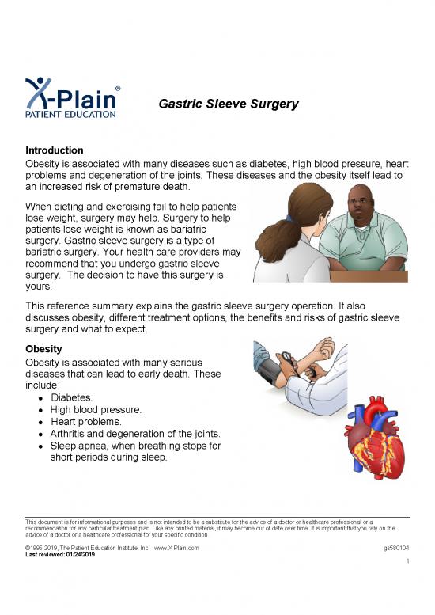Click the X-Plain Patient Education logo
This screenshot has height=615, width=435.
[x=71, y=98]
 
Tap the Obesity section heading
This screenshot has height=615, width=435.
[x=47, y=349]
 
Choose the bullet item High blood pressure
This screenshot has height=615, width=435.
[x=96, y=410]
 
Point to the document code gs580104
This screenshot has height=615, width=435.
[x=395, y=547]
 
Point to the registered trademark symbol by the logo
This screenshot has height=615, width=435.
[x=118, y=88]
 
